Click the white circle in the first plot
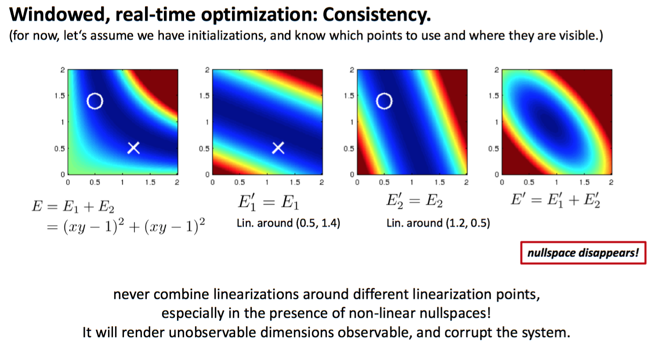pyautogui.click(x=95, y=101)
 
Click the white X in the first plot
pyautogui.click(x=134, y=148)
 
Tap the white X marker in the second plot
pyautogui.click(x=278, y=148)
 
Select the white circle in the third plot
pyautogui.click(x=384, y=101)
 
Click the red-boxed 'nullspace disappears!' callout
pyautogui.click(x=583, y=253)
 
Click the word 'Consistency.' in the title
pyautogui.click(x=377, y=15)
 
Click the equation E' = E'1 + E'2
pyautogui.click(x=555, y=200)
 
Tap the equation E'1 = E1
pyautogui.click(x=268, y=202)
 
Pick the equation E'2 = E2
pyautogui.click(x=414, y=201)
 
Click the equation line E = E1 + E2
pyautogui.click(x=73, y=206)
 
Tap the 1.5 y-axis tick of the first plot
pyautogui.click(x=59, y=96)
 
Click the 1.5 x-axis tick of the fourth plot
pyautogui.click(x=584, y=182)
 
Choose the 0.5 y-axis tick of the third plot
pyautogui.click(x=348, y=149)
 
